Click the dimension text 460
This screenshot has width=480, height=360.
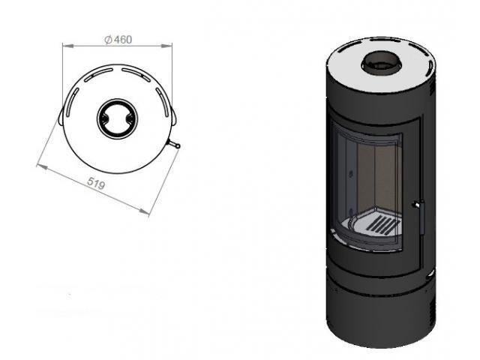coord(123,40)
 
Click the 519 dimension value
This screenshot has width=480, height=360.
coord(96,183)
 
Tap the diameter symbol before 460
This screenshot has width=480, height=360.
coord(108,40)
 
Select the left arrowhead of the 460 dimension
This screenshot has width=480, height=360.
coord(68,46)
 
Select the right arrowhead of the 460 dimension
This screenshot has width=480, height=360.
coord(166,46)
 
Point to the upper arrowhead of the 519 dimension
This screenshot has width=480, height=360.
coord(42,166)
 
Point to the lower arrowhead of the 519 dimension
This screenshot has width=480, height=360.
coord(144,211)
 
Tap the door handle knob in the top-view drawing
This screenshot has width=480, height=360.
coord(175,145)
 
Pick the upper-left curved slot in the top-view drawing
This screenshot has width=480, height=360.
coord(98,74)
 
